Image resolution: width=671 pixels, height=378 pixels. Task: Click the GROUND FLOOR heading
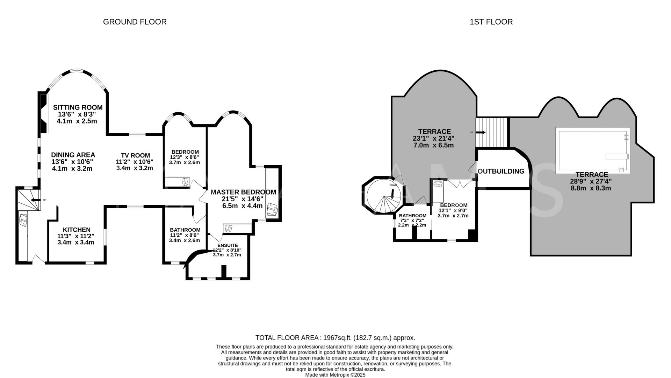[135, 22]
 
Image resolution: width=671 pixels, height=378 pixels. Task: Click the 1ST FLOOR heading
[491, 22]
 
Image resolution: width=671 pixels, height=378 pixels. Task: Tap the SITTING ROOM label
[78, 107]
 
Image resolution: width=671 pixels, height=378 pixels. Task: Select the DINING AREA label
[73, 155]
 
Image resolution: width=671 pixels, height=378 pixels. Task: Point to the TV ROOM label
[135, 155]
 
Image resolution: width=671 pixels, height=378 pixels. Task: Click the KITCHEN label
[77, 230]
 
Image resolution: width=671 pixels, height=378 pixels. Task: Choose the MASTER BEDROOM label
[243, 192]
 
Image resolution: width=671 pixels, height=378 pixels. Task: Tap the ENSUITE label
[228, 245]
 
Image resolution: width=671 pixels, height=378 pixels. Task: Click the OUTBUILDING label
[501, 171]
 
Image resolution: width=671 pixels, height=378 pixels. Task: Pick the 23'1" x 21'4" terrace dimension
[433, 139]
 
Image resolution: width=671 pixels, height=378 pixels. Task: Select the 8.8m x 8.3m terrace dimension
[591, 188]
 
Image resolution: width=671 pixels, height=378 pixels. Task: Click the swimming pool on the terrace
[592, 150]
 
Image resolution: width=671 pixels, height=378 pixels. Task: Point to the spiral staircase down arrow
[393, 194]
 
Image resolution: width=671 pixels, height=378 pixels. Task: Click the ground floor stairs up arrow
[35, 200]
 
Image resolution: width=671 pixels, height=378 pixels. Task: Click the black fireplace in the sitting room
[43, 113]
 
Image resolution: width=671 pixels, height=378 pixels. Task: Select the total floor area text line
[335, 338]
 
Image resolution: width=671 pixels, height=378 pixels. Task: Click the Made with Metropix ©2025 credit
[335, 374]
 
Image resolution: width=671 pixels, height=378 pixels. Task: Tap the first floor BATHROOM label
[412, 216]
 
